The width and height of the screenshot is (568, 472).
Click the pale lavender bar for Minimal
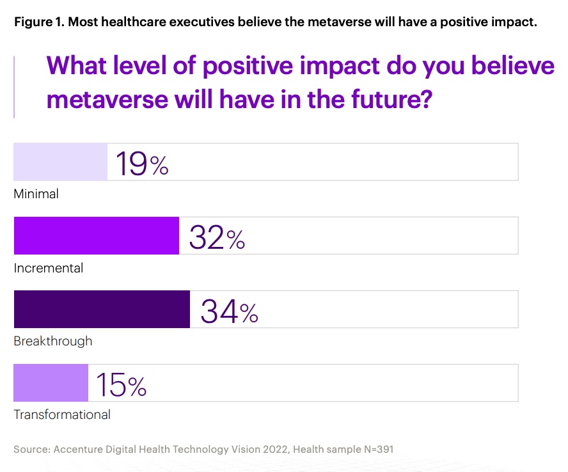(x=61, y=162)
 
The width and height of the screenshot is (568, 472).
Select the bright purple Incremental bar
(x=96, y=236)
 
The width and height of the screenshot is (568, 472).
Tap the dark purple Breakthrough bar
(x=102, y=310)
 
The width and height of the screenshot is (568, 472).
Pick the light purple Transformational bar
(x=51, y=383)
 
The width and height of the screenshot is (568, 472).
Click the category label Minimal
(x=36, y=194)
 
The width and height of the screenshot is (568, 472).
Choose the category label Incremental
(x=49, y=268)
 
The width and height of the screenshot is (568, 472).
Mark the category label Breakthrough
(x=53, y=341)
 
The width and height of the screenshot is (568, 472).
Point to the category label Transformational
(x=62, y=414)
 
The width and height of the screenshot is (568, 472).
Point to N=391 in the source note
(x=375, y=449)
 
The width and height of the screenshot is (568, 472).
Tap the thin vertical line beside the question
(x=14, y=86)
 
